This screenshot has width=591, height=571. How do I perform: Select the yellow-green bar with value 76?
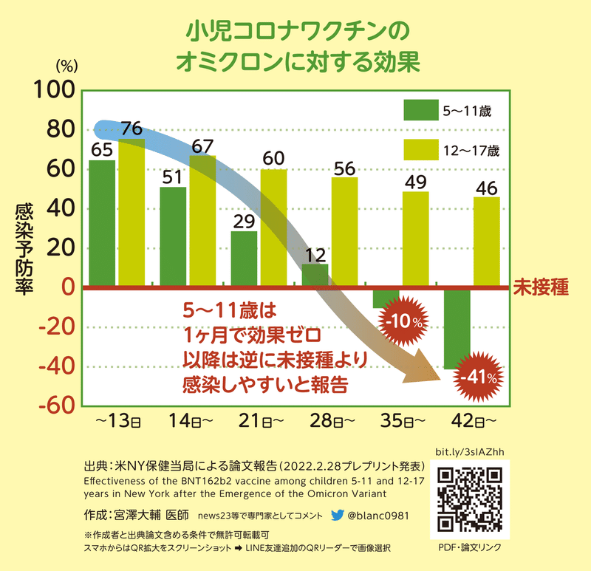(131, 214)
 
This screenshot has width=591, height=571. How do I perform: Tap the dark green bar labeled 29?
(244, 259)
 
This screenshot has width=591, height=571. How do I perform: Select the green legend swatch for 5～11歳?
(419, 110)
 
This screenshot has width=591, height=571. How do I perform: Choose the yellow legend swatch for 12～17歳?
(419, 150)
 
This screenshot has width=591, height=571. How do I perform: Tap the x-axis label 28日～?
(328, 422)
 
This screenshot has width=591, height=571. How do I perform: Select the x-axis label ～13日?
(117, 422)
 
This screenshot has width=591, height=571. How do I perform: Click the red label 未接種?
(541, 287)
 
